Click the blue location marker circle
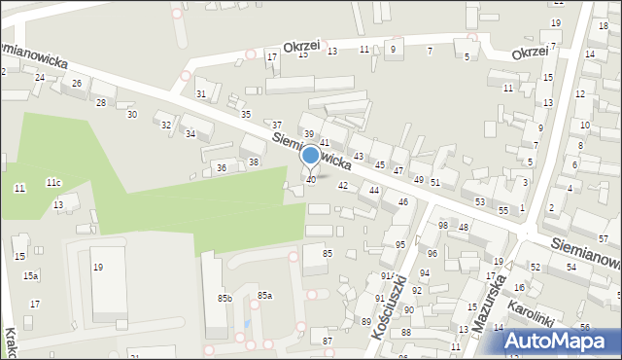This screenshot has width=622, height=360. (x=311, y=156)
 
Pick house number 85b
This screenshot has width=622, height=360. (x=225, y=298)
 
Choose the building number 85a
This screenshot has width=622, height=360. (x=264, y=295)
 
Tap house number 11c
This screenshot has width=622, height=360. (x=53, y=182)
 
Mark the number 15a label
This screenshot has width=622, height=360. (x=31, y=276)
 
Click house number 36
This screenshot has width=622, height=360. (x=222, y=168)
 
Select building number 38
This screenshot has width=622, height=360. (x=254, y=162)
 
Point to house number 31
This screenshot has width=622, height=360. (x=201, y=93)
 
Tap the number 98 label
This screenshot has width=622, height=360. (x=443, y=226)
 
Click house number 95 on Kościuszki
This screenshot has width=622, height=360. (x=400, y=244)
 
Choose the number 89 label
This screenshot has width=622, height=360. (x=366, y=321)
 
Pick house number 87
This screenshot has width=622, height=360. (x=328, y=341)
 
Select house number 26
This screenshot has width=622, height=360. (x=77, y=83)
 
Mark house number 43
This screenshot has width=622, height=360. (x=359, y=156)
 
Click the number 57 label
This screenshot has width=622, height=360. (x=604, y=238)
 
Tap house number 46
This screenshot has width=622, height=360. (x=402, y=201)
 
